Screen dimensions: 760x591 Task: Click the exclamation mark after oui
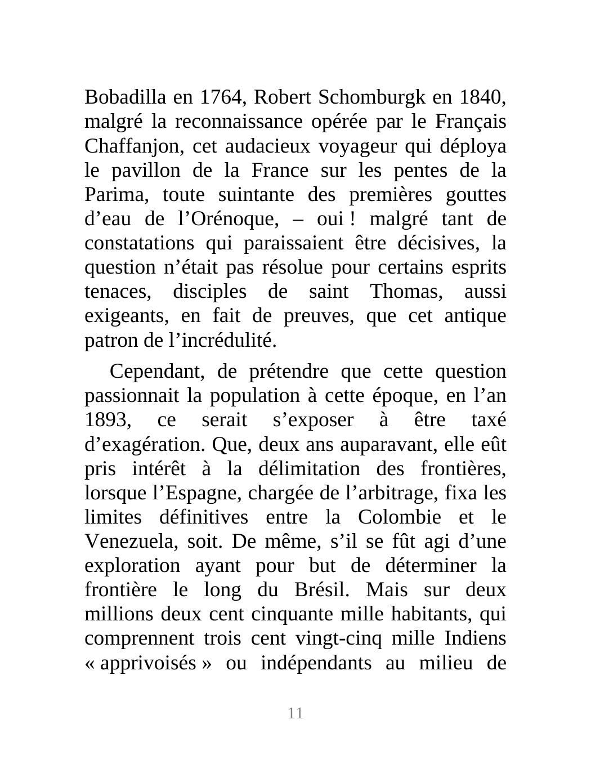tap(353, 219)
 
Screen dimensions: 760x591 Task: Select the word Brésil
tap(323, 590)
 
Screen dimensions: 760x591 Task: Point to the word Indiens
tap(475, 638)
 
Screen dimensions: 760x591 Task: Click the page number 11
tap(295, 713)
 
